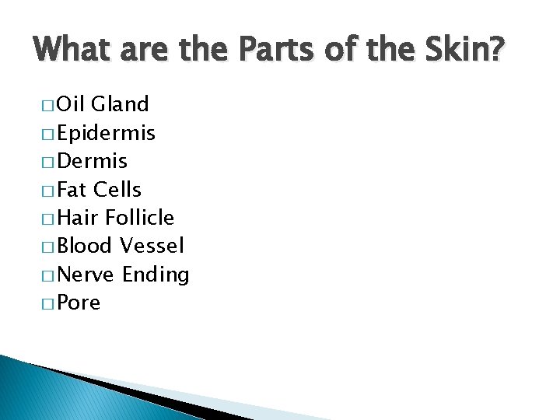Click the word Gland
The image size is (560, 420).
(x=121, y=104)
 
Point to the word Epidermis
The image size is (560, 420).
(x=107, y=133)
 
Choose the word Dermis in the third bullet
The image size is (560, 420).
(x=93, y=161)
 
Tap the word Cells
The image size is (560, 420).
(x=117, y=189)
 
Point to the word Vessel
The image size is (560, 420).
(x=152, y=246)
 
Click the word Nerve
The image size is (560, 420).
(x=86, y=275)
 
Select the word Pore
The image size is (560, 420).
(x=79, y=303)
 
